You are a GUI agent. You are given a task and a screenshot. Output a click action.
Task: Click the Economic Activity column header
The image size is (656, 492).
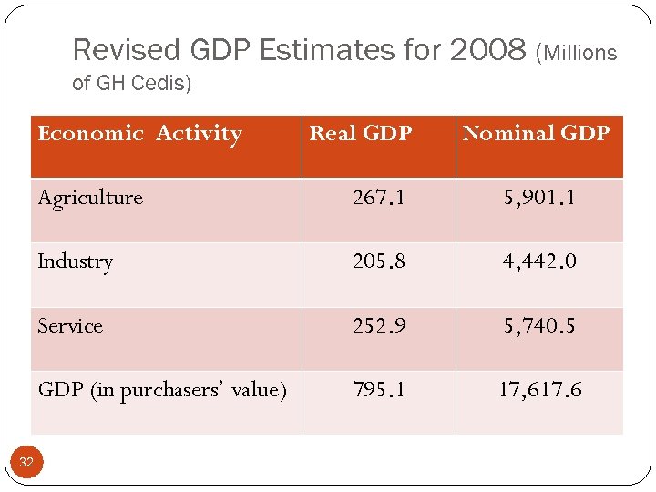[139, 134]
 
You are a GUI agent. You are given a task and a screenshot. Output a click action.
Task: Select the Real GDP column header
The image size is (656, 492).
[361, 134]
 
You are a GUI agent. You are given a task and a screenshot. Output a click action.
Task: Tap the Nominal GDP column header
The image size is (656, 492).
[536, 134]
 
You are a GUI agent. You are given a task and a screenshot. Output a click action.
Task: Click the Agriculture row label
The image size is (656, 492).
[90, 198]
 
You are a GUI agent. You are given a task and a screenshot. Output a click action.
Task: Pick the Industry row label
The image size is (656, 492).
[76, 261]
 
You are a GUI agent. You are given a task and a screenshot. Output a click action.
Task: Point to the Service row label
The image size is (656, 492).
[70, 326]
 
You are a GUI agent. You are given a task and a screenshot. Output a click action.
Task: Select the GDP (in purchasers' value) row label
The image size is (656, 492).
[162, 390]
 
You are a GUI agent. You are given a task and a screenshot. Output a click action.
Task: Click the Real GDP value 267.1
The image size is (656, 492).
[379, 198]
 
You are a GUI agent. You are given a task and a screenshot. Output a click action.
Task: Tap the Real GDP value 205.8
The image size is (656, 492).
[379, 261]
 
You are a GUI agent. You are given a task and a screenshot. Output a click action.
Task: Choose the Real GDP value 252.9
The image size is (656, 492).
[379, 326]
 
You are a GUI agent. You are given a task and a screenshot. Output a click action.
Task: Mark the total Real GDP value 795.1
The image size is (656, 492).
[379, 390]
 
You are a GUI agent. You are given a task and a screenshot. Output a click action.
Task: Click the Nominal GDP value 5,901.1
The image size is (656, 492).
[539, 198]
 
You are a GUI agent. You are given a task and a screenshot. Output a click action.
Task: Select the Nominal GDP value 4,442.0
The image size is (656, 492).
[539, 261]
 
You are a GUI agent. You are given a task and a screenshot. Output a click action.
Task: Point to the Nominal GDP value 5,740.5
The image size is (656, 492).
[539, 326]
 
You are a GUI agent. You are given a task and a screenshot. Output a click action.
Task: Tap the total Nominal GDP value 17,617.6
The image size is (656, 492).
[539, 390]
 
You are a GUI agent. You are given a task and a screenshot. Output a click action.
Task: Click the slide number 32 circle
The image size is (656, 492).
[26, 463]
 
